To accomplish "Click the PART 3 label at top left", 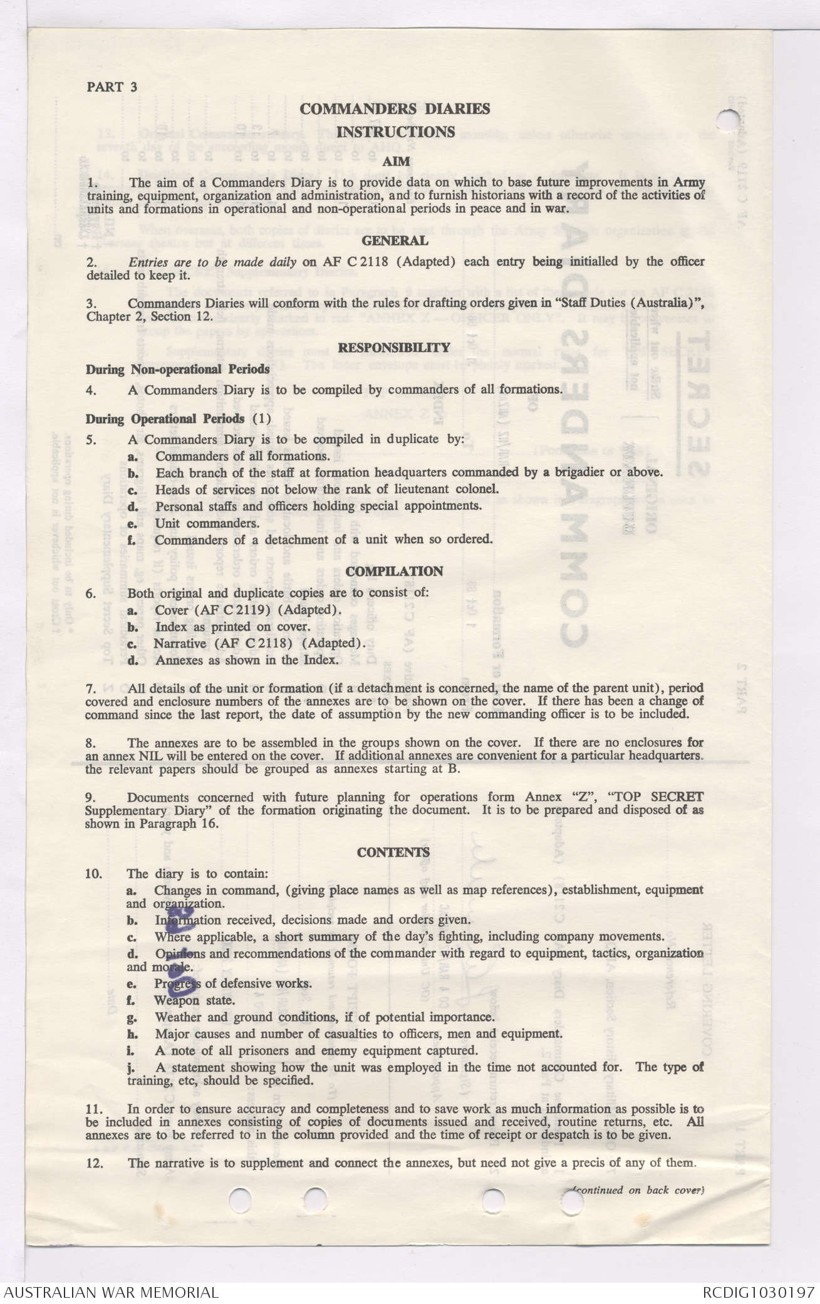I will [112, 87].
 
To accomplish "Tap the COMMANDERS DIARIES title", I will [395, 109].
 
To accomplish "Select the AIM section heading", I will [396, 162].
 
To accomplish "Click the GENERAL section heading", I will [395, 241].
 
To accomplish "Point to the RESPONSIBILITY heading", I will [395, 348].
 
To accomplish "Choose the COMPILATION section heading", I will [395, 571].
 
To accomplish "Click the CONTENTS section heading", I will [394, 852].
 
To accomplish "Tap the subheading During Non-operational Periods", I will [178, 370].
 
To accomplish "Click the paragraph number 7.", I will [91, 689].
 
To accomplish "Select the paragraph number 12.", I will [93, 1163].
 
